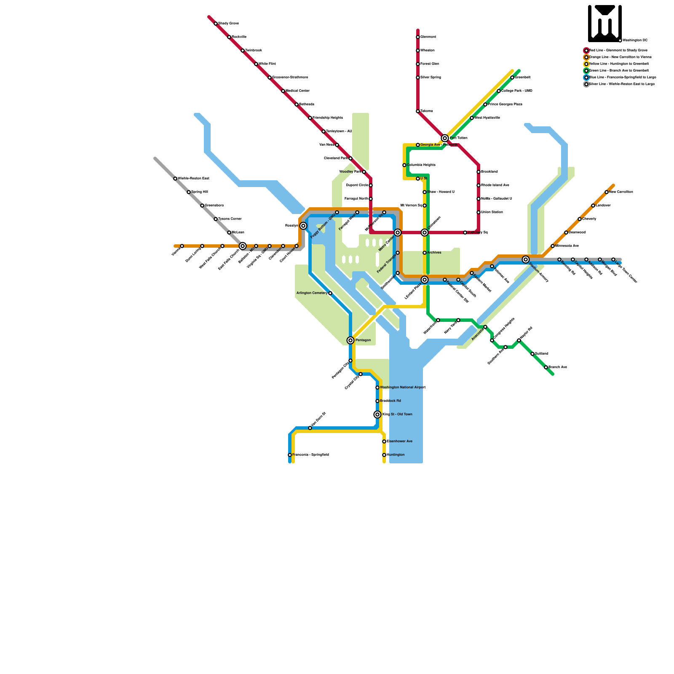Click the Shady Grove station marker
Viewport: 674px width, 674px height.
tap(216, 24)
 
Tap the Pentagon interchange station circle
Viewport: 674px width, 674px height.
tap(350, 340)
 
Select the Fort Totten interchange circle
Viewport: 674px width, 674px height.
tap(445, 138)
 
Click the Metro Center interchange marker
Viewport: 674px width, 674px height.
tap(398, 233)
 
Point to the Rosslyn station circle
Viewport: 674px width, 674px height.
tap(303, 226)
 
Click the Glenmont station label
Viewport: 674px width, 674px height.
tap(428, 37)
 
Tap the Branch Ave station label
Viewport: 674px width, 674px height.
tap(558, 367)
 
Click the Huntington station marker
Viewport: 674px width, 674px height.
tap(384, 455)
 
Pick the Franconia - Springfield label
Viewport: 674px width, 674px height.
tap(310, 455)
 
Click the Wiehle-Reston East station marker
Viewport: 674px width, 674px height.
tap(175, 179)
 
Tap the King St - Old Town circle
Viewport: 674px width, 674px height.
tap(377, 415)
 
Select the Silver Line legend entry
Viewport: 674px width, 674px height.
tap(621, 84)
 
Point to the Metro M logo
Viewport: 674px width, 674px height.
tap(605, 23)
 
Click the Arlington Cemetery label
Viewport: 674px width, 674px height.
tap(312, 293)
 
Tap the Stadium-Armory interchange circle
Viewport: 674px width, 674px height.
tap(526, 259)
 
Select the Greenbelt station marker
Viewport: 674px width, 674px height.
tap(512, 78)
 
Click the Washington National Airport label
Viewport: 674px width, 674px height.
tap(403, 388)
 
